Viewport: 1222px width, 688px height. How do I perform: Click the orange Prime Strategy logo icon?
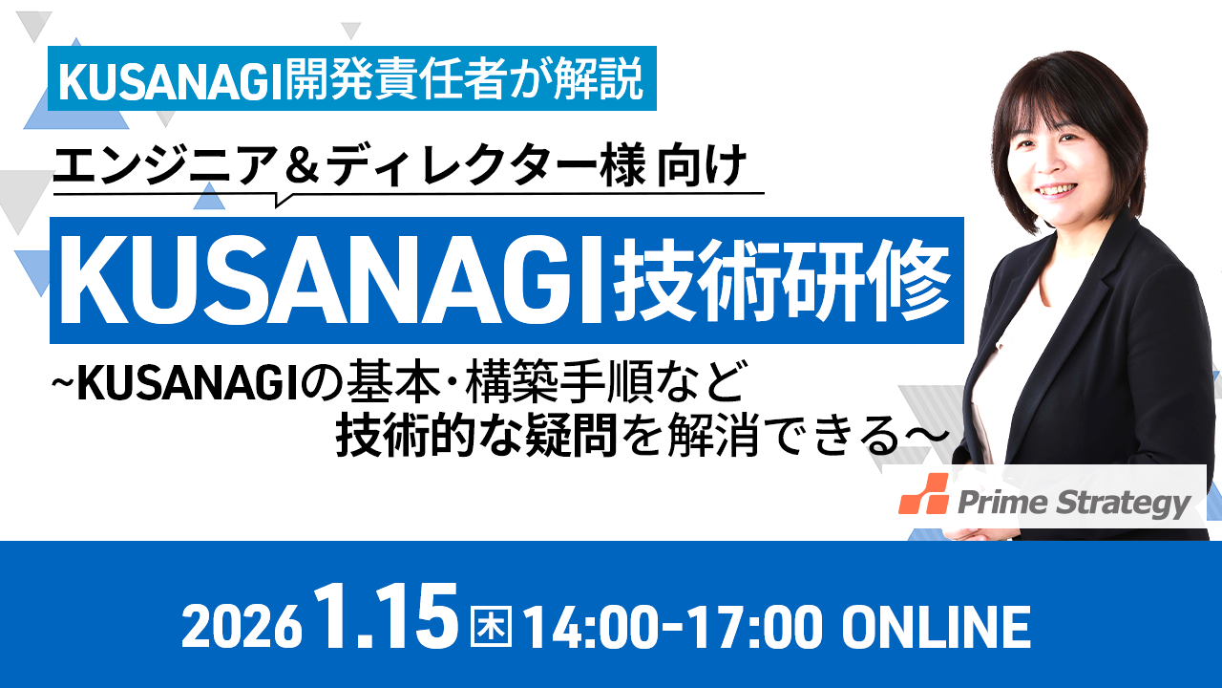tap(923, 494)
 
